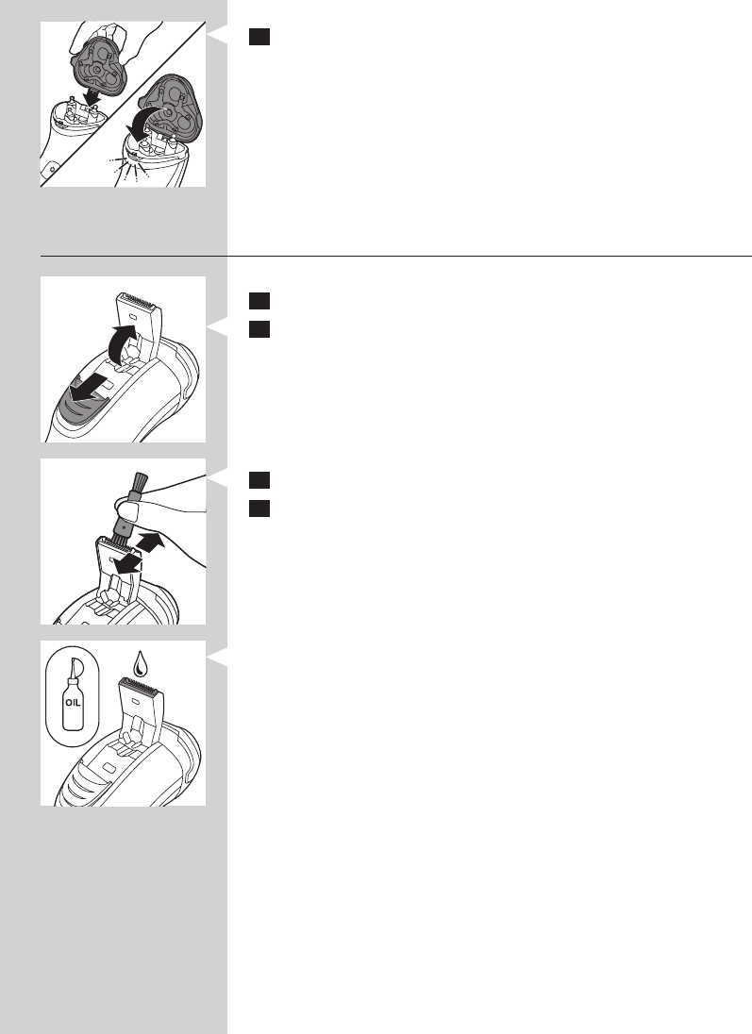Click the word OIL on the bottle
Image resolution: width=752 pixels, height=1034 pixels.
[x=73, y=702]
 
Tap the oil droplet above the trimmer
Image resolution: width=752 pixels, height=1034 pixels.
[x=140, y=664]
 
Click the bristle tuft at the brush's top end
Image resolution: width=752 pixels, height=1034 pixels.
[x=140, y=482]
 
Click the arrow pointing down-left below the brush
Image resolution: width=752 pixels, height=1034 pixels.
[x=127, y=563]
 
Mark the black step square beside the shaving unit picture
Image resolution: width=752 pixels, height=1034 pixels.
[x=259, y=37]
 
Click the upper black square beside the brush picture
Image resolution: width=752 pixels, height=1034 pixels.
[x=259, y=480]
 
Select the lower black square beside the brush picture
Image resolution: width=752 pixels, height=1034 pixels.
[x=259, y=509]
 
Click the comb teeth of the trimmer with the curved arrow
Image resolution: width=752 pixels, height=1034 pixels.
[x=140, y=299]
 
